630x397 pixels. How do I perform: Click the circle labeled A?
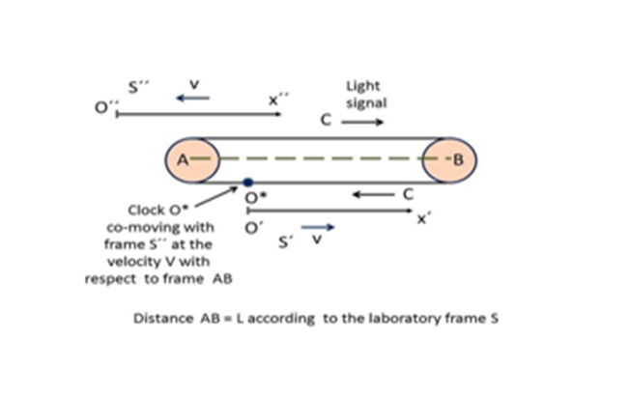coord(181,158)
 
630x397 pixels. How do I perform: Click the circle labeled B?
coord(453,158)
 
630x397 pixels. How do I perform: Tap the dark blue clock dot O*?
coord(248,182)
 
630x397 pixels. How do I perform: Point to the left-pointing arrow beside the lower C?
coord(370,195)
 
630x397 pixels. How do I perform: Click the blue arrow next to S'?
coord(325,228)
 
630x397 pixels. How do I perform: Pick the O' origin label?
coord(253,227)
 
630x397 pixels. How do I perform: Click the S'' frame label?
coord(139,85)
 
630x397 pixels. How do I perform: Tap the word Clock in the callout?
coord(146,210)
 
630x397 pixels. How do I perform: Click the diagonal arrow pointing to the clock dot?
coord(228,191)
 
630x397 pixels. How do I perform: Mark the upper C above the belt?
coord(326,123)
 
